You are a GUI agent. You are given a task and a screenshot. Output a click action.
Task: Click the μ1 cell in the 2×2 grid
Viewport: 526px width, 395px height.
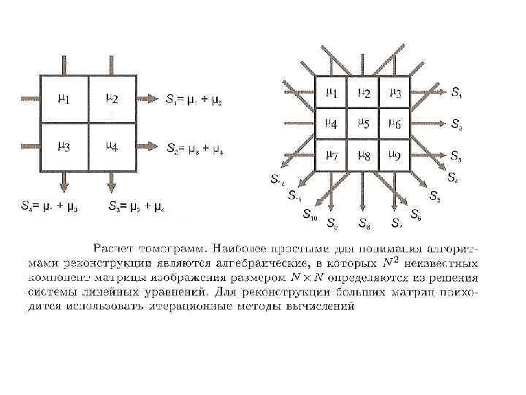[64, 99]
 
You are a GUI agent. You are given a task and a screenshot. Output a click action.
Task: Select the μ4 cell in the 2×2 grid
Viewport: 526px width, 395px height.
[112, 147]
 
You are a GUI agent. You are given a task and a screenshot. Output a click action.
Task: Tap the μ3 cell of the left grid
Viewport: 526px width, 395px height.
[64, 147]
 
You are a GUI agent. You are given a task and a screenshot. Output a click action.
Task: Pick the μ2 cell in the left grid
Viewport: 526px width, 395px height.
[112, 99]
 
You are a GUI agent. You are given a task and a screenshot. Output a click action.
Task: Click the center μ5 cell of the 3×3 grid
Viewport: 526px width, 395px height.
[363, 124]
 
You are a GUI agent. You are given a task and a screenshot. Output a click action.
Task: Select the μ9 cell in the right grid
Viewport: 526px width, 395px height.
[394, 154]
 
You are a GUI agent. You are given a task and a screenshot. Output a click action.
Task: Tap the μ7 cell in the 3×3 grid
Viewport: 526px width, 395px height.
[331, 154]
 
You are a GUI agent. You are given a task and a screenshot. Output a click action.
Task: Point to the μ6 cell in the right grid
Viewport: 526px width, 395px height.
[394, 124]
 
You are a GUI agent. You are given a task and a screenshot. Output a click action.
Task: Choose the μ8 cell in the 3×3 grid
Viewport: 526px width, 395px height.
[363, 154]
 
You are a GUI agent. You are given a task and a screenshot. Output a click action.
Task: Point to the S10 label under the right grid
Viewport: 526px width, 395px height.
[310, 215]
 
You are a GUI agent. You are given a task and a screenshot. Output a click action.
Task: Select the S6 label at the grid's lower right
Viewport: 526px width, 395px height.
[415, 214]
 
